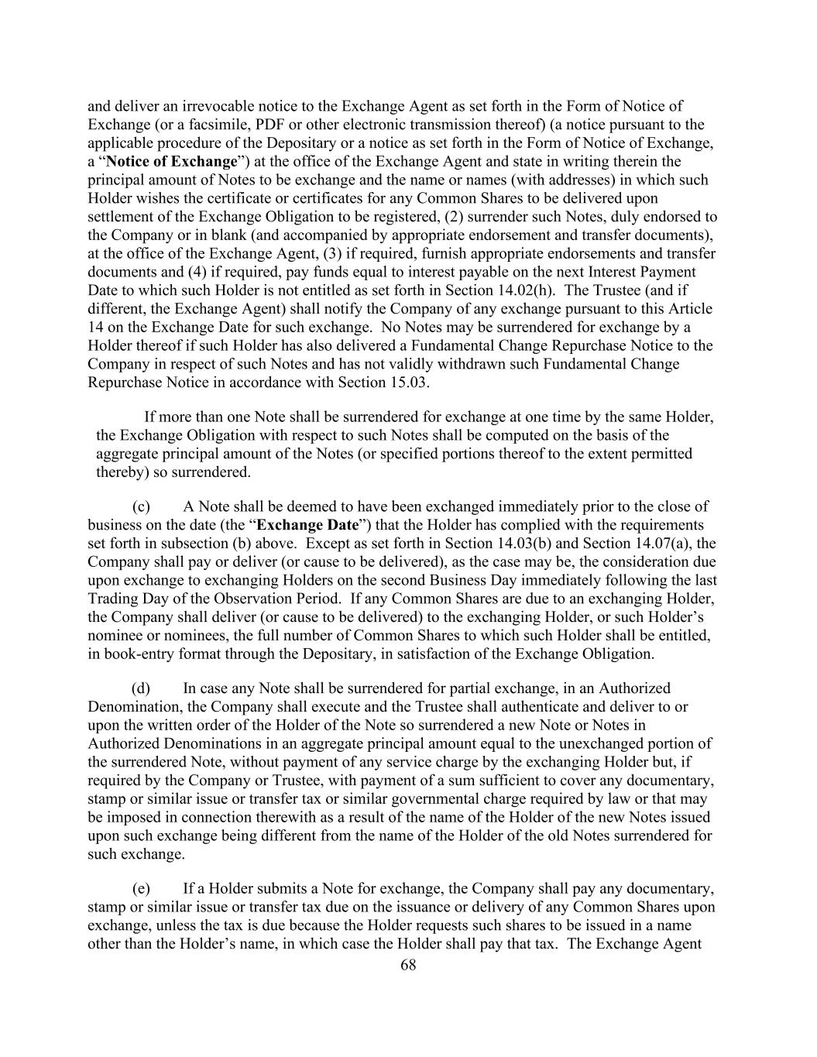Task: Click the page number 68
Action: tap(409, 964)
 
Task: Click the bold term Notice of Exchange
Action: tap(171, 162)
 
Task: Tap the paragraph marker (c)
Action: tap(141, 507)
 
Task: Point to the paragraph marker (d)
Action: tap(141, 688)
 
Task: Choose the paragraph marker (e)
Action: tap(141, 888)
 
